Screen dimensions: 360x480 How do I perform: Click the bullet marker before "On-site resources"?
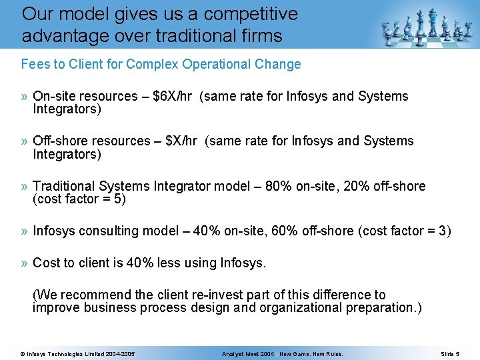tap(25, 97)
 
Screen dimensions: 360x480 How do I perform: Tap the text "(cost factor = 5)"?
tap(79, 199)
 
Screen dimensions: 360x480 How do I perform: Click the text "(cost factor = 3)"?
tap(405, 231)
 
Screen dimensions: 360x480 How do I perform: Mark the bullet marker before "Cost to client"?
tap(25, 263)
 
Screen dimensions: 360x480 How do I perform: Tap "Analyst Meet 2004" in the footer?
tap(248, 353)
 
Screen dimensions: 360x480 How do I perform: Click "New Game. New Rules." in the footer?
tap(311, 353)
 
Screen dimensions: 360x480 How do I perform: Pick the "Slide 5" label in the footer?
tap(450, 353)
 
